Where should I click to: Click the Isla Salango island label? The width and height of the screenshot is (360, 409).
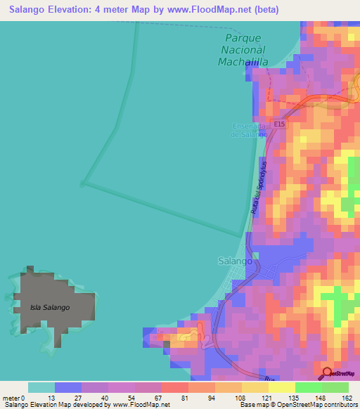pos(50,308)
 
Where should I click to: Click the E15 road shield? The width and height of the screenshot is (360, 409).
pos(279,124)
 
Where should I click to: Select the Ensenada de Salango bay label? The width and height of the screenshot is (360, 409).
pos(250,130)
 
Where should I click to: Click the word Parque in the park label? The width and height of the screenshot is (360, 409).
pos(243,37)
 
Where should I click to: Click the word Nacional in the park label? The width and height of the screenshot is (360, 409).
pos(243,49)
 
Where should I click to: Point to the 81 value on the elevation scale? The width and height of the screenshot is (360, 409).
pos(184,398)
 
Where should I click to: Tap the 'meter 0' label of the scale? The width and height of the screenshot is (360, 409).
pos(13,398)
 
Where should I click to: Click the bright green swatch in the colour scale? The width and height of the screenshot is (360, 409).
pos(309,387)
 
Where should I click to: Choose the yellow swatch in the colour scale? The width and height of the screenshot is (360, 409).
pos(255,387)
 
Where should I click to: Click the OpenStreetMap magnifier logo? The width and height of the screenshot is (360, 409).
pos(327,373)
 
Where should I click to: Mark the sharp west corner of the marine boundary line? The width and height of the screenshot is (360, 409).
pos(83,184)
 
